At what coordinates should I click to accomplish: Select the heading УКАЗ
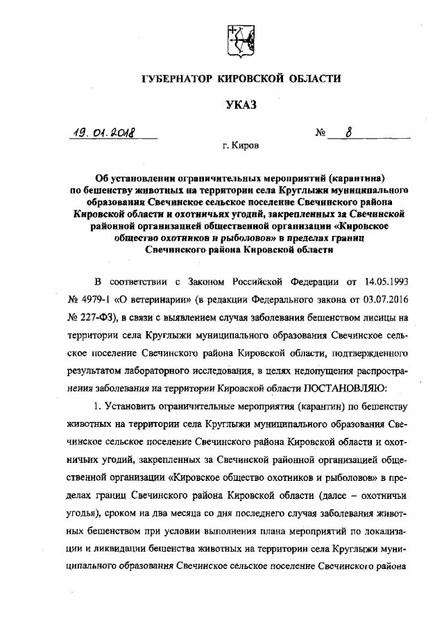pos(240,105)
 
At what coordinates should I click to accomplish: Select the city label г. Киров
pos(240,147)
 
